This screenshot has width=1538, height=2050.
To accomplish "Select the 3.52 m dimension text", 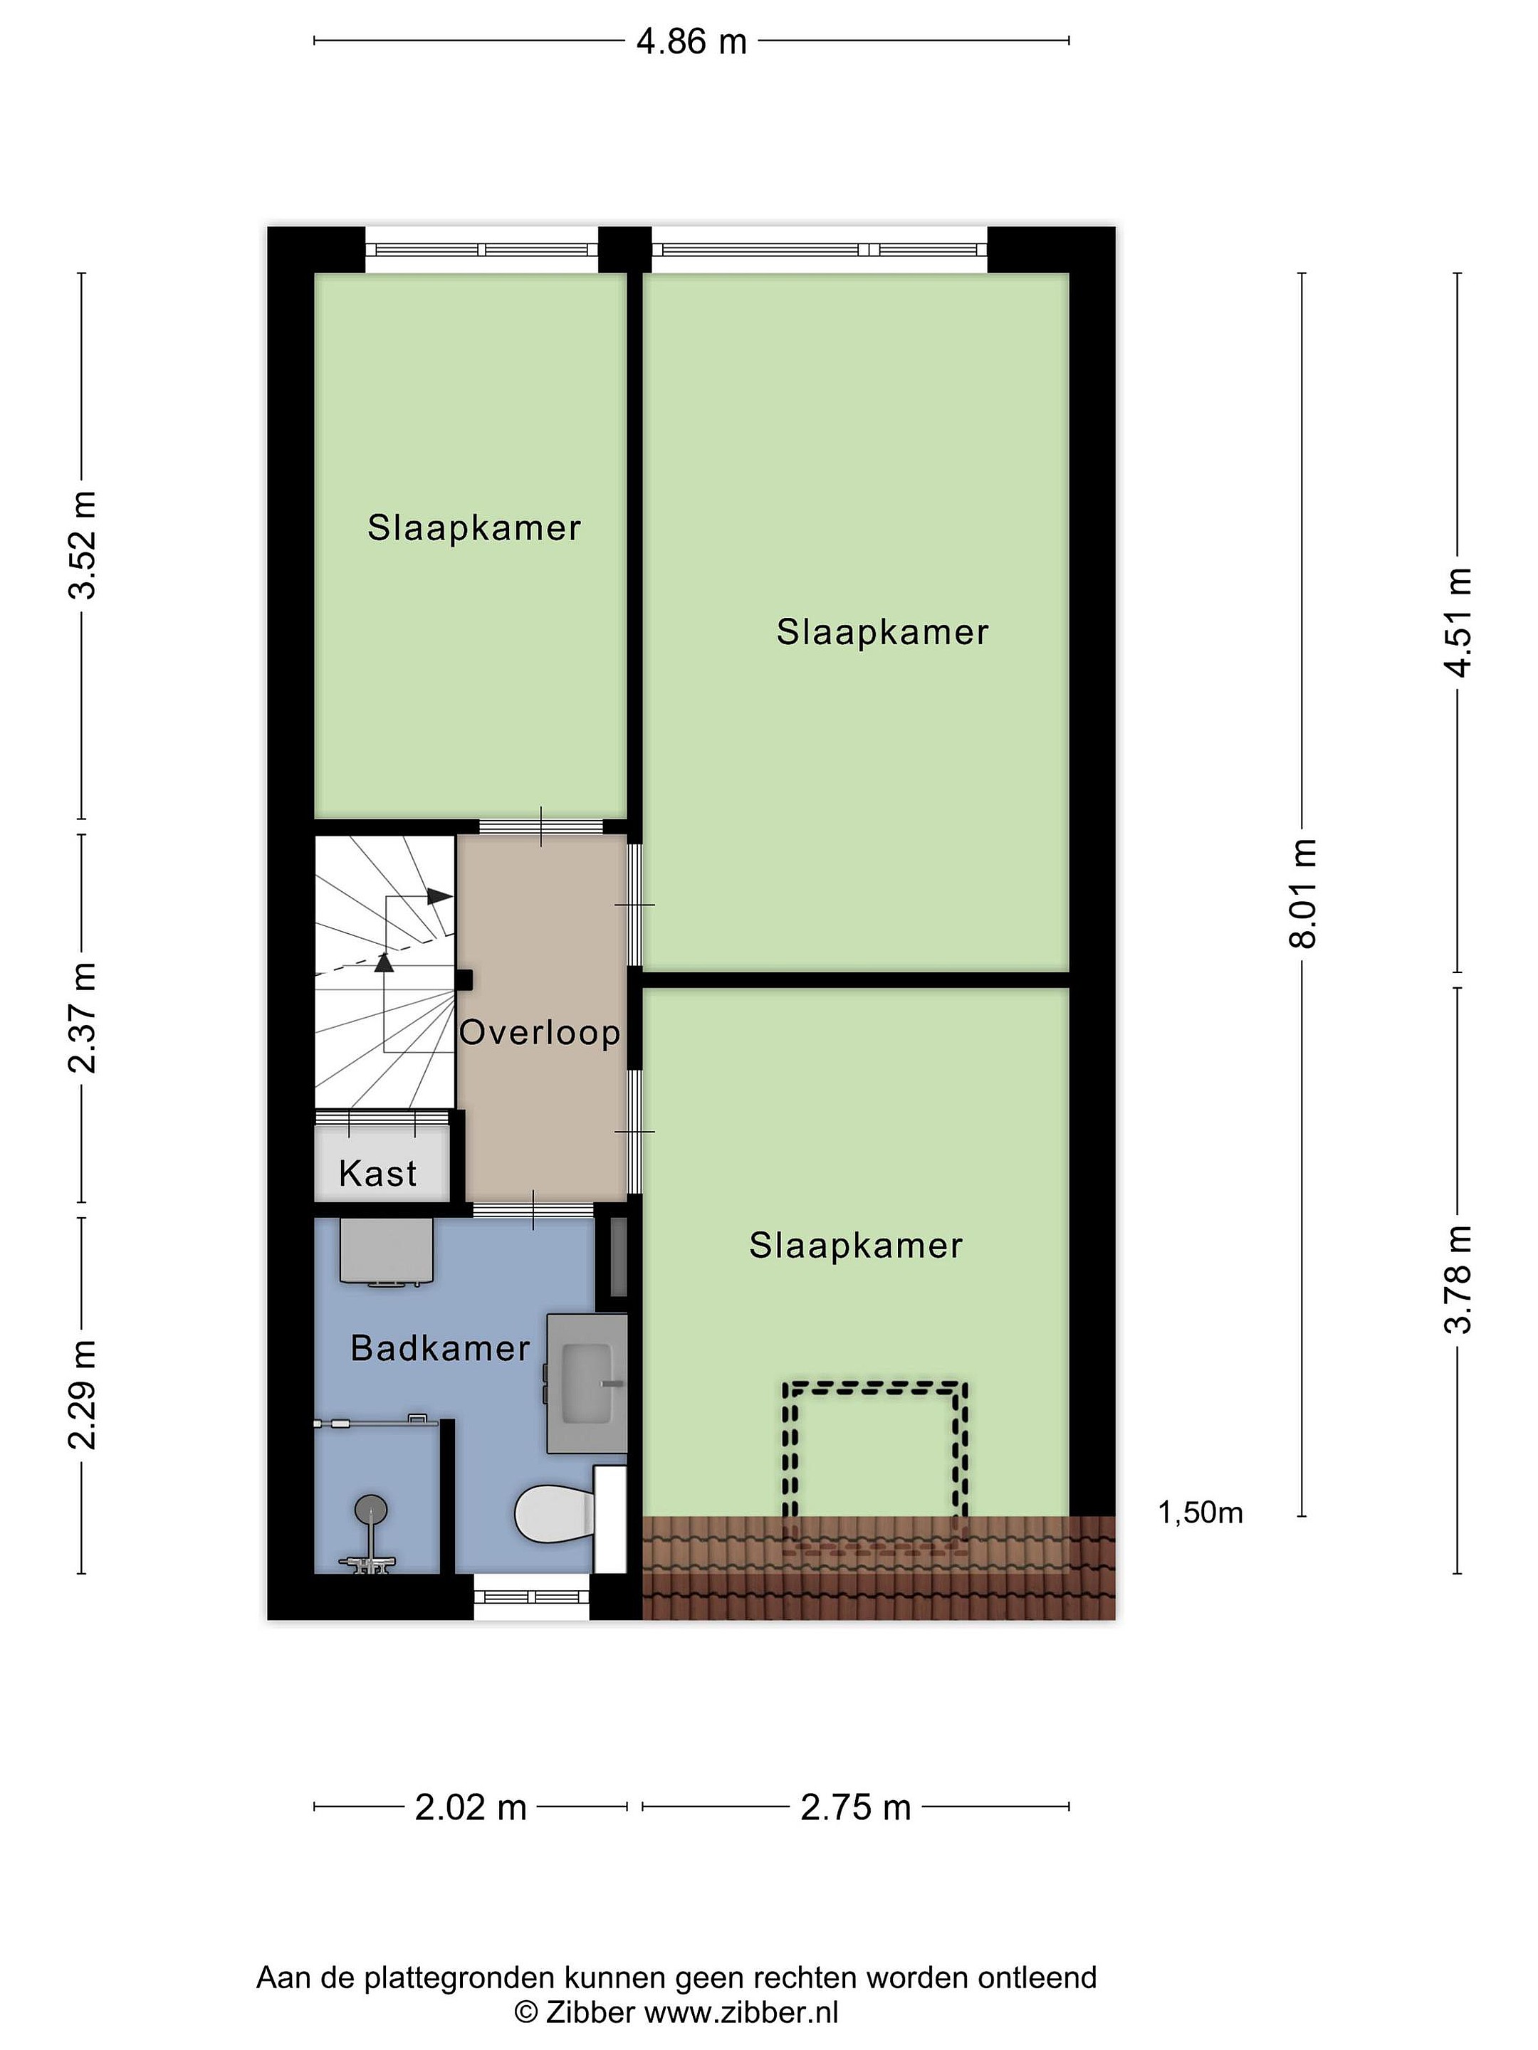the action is pyautogui.click(x=83, y=545).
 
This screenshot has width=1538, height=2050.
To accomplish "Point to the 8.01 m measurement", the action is pyautogui.click(x=1302, y=893).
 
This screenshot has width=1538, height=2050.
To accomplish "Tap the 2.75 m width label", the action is pyautogui.click(x=856, y=1807).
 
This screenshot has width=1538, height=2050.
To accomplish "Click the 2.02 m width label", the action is pyautogui.click(x=470, y=1807).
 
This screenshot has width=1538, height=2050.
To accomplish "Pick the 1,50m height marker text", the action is pyautogui.click(x=1200, y=1513).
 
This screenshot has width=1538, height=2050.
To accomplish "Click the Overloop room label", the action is pyautogui.click(x=540, y=1032).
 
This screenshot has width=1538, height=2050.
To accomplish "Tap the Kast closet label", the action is pyautogui.click(x=377, y=1173).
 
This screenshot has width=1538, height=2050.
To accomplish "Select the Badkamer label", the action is pyautogui.click(x=440, y=1348).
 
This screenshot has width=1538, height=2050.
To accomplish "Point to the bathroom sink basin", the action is pyautogui.click(x=587, y=1383).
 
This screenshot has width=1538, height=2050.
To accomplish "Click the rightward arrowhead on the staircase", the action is pyautogui.click(x=439, y=897).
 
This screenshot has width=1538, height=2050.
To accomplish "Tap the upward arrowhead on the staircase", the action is pyautogui.click(x=384, y=962).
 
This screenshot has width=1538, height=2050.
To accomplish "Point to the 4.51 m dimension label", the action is pyautogui.click(x=1458, y=622).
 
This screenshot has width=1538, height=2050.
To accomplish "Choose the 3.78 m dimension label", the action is pyautogui.click(x=1458, y=1279).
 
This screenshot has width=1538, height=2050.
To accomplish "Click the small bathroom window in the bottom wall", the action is pyautogui.click(x=532, y=1596).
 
